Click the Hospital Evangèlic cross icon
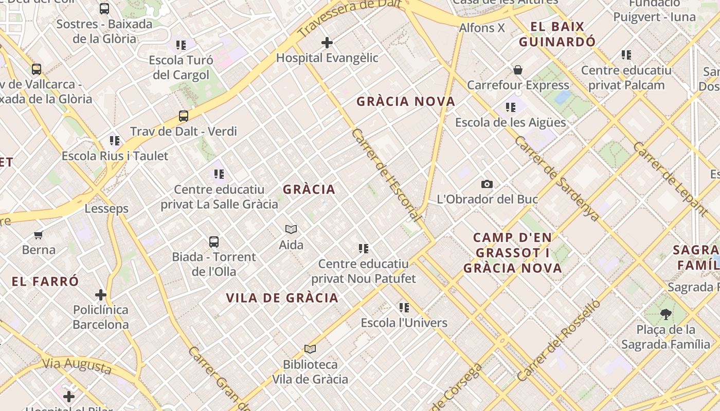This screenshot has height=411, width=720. coord(327,43)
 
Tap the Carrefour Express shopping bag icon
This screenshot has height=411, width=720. coord(518,70)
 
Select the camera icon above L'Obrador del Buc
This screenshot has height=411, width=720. coord(487,184)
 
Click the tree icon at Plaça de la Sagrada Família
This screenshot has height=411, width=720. coord(665,314)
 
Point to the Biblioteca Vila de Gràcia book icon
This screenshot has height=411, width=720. coord(310,349)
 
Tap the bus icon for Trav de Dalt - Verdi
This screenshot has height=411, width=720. coord(184,116)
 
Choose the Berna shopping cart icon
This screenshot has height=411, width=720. coord(38,235)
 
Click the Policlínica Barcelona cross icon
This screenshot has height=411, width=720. coord(100,295)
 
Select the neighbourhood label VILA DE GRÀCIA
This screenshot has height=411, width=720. coord(282,298)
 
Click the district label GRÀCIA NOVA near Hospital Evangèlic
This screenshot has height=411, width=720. coord(406,102)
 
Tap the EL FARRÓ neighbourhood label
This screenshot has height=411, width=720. coord(45,282)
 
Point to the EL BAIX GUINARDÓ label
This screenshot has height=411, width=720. coord(557,34)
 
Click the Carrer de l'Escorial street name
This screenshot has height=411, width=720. coord(386,175)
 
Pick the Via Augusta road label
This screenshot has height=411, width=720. coord(77,366)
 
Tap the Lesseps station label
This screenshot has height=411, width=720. coord(106,209)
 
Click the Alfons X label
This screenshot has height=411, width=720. coord(482,28)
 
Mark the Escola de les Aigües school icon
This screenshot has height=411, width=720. coord(510,107)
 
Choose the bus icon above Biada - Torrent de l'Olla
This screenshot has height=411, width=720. coord(214,241)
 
